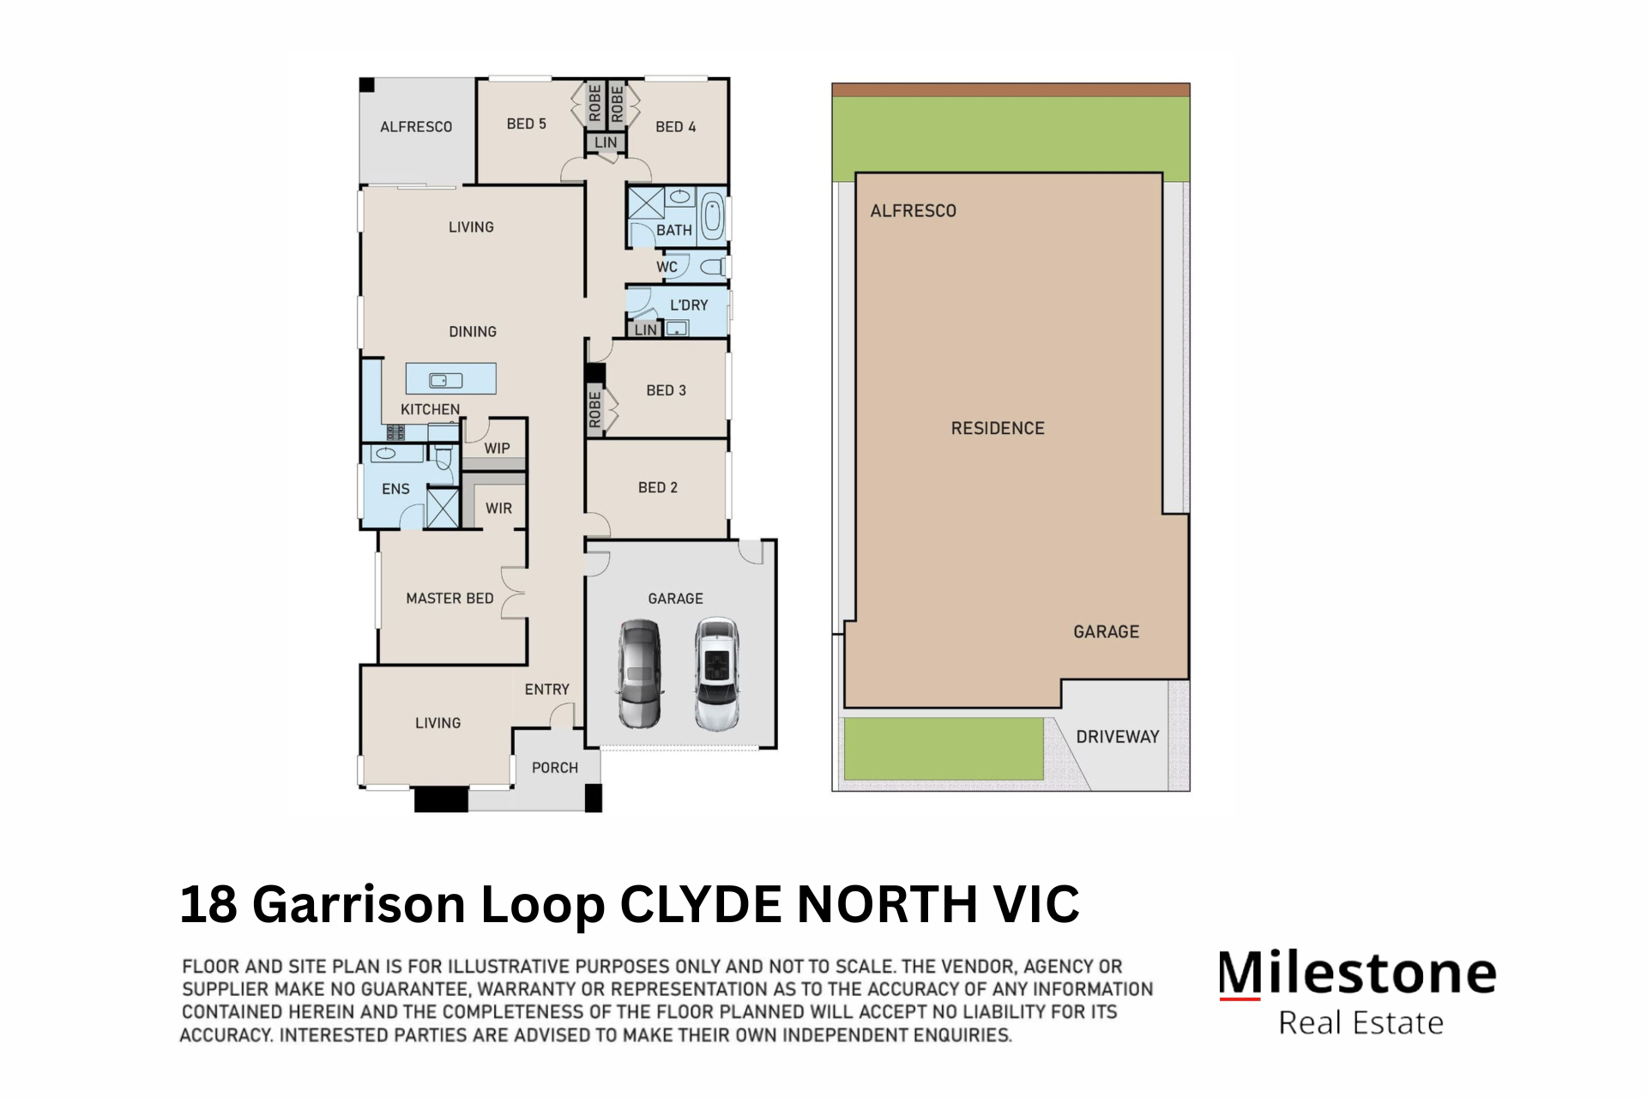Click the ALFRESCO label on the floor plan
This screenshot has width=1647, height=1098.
pyautogui.click(x=416, y=127)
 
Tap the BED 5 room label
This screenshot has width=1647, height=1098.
pyautogui.click(x=526, y=124)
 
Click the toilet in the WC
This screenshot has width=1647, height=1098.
pyautogui.click(x=712, y=267)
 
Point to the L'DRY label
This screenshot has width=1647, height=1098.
pyautogui.click(x=689, y=305)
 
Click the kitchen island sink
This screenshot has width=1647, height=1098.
pyautogui.click(x=446, y=380)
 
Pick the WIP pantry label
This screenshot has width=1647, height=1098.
pyautogui.click(x=497, y=448)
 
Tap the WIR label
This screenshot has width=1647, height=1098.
pyautogui.click(x=498, y=508)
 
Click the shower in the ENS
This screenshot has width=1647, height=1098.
pyautogui.click(x=443, y=507)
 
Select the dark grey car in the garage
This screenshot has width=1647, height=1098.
pyautogui.click(x=640, y=673)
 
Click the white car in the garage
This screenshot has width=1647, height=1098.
pyautogui.click(x=717, y=673)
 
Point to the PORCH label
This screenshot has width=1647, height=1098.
pyautogui.click(x=555, y=768)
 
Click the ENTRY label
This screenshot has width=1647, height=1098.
pyautogui.click(x=546, y=690)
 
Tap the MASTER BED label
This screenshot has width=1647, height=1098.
pyautogui.click(x=449, y=599)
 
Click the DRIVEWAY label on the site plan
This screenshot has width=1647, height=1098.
pyautogui.click(x=1117, y=737)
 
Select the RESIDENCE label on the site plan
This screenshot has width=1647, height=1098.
pyautogui.click(x=998, y=428)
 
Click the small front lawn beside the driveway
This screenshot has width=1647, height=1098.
pyautogui.click(x=943, y=748)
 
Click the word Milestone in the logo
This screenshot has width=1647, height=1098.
pyautogui.click(x=1357, y=974)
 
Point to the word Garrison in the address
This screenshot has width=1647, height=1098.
pyautogui.click(x=359, y=904)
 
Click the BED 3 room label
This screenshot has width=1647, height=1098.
pyautogui.click(x=666, y=390)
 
